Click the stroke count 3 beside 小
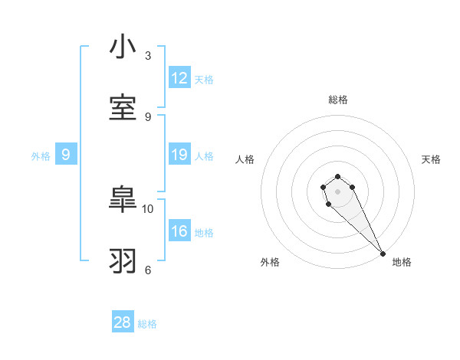pos(148,55)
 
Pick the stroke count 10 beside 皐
pos(148,208)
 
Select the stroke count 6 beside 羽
pos(148,269)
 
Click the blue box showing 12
pos(179,78)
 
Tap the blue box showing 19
pos(179,155)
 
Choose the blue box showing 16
pos(179,231)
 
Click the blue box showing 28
pos(123,322)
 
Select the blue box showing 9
pos(66,155)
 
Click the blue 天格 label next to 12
pos(204,80)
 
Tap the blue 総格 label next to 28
pos(147,324)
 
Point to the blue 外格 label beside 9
pos(41,156)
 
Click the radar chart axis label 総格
pos(338,100)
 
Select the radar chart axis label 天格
pos(431,159)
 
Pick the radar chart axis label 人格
pos(245,159)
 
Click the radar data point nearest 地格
pos(383,254)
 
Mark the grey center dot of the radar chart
pos(337,191)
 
